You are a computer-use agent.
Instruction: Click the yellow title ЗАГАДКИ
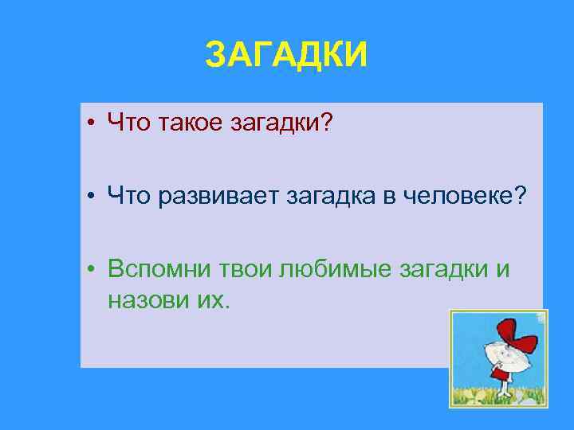pyautogui.click(x=286, y=55)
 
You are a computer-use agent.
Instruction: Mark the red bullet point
pyautogui.click(x=93, y=124)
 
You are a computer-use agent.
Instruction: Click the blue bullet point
pyautogui.click(x=93, y=197)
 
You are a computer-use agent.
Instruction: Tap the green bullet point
pyautogui.click(x=93, y=272)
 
